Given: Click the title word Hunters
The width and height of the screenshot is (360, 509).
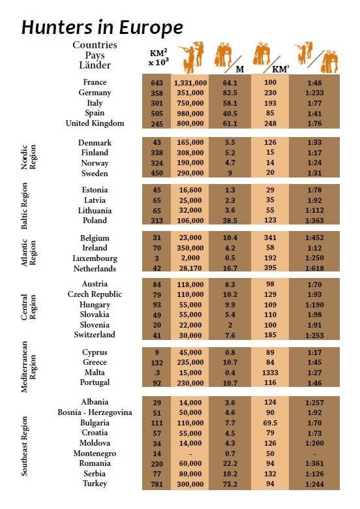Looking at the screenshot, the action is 57,27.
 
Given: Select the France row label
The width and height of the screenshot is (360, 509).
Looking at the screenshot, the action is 95,82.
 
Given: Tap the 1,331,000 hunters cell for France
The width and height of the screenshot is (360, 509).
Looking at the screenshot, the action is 190,83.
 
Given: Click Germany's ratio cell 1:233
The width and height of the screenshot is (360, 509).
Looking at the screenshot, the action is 314,93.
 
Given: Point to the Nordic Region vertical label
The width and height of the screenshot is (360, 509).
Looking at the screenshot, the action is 28,157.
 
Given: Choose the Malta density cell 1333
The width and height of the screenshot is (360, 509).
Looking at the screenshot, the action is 270,373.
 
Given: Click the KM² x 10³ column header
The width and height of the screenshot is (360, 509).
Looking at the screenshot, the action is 158,57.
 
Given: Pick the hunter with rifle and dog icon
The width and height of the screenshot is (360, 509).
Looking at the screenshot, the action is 192,57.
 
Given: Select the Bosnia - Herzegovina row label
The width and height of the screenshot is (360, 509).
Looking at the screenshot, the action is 95,412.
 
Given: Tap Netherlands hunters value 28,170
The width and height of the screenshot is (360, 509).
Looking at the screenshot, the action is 190,268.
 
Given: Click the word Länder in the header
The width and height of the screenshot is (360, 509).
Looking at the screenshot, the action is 95,65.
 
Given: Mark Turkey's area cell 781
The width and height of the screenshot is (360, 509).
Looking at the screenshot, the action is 157,484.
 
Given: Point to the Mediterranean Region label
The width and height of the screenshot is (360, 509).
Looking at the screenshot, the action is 28,367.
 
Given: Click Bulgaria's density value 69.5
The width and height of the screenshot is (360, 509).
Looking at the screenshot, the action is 270,423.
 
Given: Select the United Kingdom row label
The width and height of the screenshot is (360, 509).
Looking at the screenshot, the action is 95,123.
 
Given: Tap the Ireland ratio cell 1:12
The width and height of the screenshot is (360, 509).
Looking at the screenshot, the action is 314,248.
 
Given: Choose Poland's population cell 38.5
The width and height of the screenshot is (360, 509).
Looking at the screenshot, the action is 230,221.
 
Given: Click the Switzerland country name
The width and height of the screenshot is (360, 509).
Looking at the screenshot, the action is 95,335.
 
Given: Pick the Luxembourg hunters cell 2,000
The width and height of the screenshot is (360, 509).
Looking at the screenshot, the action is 190,258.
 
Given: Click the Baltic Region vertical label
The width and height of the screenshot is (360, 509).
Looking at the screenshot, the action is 24,206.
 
